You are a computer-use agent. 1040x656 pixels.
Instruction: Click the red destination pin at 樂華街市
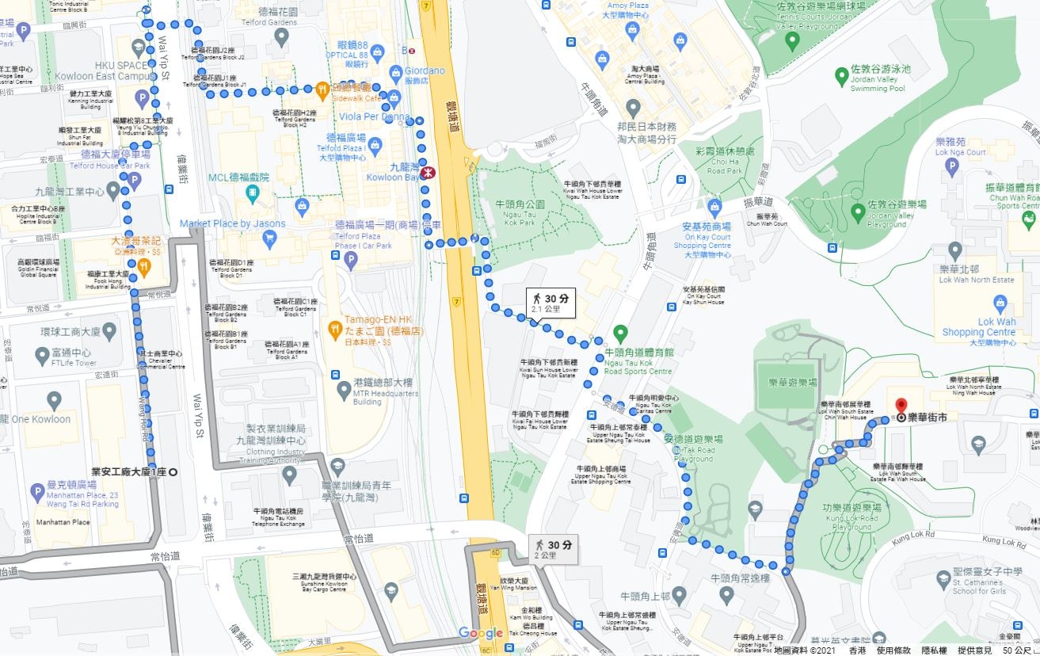coord(901,406)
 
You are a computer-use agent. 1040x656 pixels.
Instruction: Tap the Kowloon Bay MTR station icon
coord(429,172)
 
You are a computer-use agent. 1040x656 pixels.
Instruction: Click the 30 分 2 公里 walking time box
coord(554,549)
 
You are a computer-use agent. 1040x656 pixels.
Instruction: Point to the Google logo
coord(481,632)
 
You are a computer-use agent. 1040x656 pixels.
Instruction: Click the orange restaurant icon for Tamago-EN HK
coord(335,327)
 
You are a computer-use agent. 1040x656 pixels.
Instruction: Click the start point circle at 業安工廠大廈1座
coord(173,472)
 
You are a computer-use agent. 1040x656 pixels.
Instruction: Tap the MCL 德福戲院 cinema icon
coord(251,193)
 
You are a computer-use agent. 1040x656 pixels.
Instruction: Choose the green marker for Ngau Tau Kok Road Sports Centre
coord(621,334)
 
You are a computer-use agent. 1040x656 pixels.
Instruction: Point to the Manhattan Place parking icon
coord(36,492)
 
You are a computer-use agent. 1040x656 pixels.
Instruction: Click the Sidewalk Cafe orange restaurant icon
coord(323,89)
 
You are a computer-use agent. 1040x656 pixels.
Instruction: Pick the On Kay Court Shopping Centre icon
coord(714,208)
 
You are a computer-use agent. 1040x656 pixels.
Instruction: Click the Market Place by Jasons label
coord(232,224)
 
